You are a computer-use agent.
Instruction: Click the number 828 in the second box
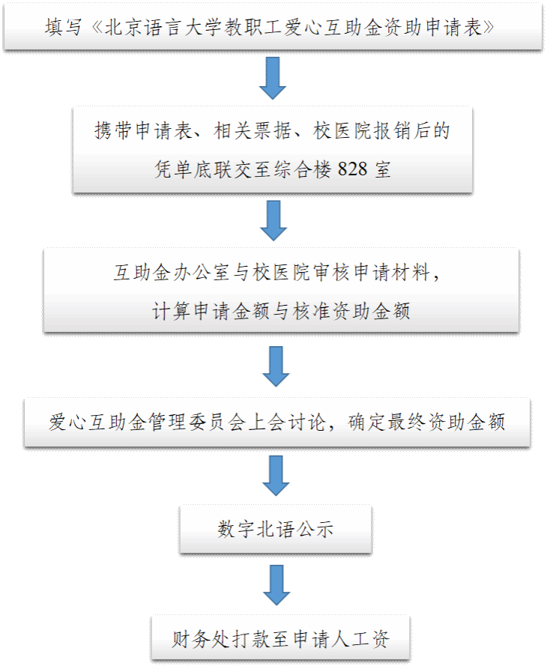tap(352, 169)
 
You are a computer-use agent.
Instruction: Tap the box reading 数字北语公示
tap(276, 529)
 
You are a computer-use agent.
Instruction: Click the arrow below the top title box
tap(272, 79)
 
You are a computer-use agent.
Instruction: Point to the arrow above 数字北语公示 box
tap(276, 476)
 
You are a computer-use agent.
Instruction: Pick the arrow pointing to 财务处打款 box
tap(276, 585)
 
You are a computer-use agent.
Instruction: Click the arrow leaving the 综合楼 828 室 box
tap(272, 220)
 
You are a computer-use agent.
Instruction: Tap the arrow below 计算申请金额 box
tap(276, 366)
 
